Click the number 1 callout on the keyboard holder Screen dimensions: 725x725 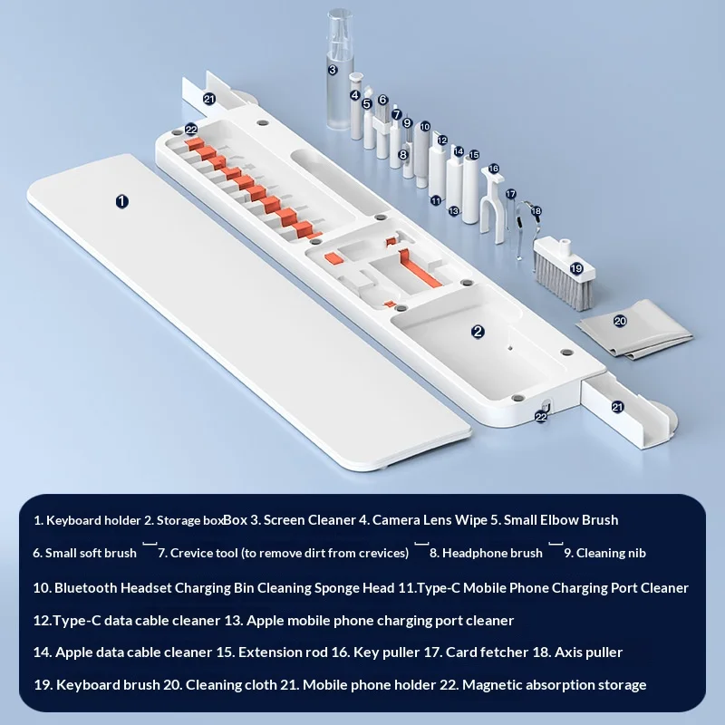(121, 201)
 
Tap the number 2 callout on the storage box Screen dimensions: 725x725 (478, 331)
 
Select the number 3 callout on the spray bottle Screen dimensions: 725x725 (333, 70)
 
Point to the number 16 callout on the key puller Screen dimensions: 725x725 (493, 169)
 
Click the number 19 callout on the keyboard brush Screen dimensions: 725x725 (576, 268)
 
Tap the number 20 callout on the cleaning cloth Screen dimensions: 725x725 (620, 321)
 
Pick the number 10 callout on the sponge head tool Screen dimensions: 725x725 (425, 126)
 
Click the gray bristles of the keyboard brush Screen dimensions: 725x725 (557, 281)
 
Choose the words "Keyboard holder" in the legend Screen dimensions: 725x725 (93, 520)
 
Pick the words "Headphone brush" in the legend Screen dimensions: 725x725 (492, 553)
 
